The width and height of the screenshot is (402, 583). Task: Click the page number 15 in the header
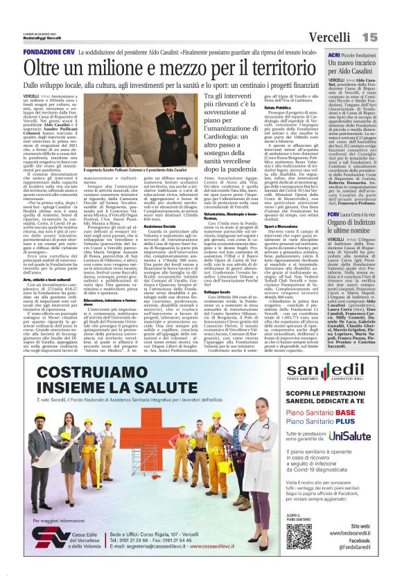[387, 36]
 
